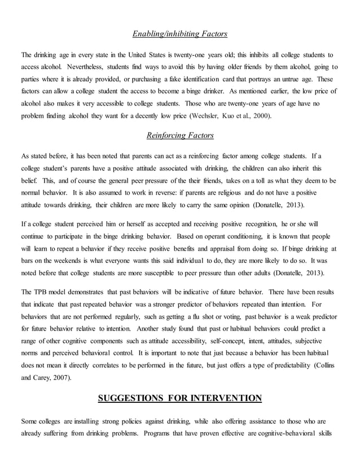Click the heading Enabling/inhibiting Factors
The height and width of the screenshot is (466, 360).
coord(179,34)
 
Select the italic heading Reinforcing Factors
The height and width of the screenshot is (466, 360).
coord(179,135)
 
